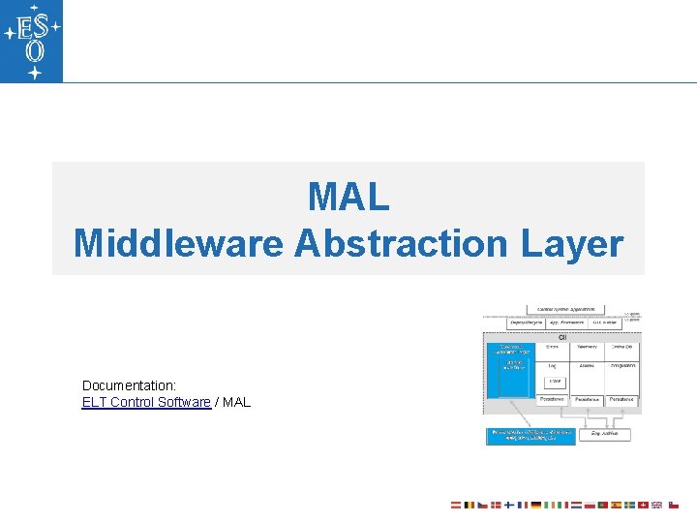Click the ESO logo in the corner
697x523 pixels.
pos(32,41)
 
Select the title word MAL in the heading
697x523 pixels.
pos(348,197)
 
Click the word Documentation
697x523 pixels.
pos(129,385)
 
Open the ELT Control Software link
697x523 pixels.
pos(146,402)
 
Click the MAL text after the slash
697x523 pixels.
pos(236,402)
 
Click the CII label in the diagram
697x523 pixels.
pos(562,336)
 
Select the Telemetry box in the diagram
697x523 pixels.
pos(587,346)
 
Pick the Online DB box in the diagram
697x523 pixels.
pos(621,346)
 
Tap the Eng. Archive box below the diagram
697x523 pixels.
pos(606,435)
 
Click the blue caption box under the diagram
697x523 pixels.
pos(530,435)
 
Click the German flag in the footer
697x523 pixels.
pos(535,505)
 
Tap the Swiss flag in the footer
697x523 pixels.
pos(642,505)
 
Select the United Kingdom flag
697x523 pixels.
pos(655,505)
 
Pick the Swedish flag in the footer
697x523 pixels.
pos(628,505)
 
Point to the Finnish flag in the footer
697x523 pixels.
pos(509,505)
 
